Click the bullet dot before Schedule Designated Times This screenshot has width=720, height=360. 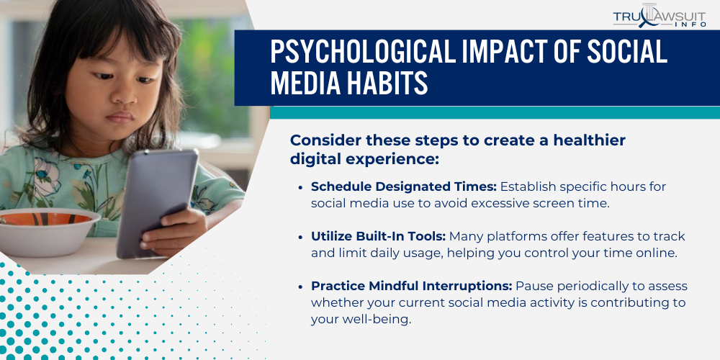[300, 187]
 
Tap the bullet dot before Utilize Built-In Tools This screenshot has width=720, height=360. [300, 237]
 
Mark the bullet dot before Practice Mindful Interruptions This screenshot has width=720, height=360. [300, 287]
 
